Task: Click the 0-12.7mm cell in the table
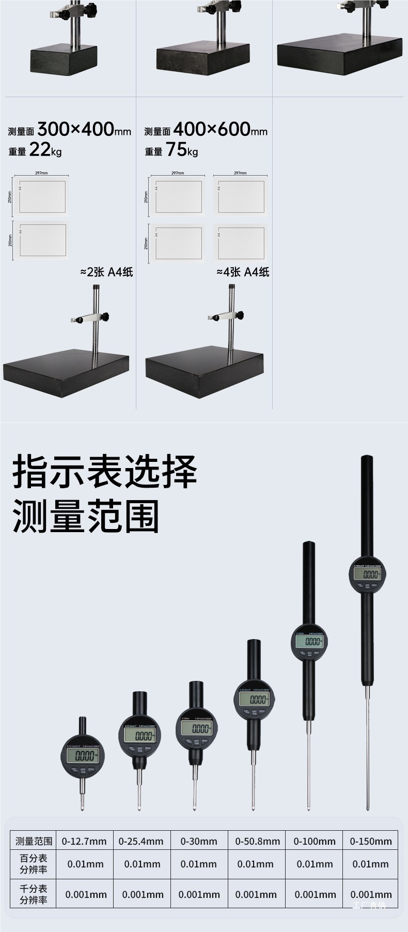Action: [84, 841]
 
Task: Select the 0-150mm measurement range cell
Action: [371, 841]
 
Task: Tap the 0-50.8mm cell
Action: [257, 841]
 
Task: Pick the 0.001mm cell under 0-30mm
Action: [199, 894]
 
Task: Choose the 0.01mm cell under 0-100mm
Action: [315, 864]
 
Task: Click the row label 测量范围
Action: [34, 841]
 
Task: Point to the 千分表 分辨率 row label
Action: [34, 894]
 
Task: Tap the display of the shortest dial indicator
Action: [85, 756]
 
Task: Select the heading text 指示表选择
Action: [105, 471]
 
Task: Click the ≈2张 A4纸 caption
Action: [106, 272]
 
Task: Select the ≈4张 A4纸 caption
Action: [243, 272]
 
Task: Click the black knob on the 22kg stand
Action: [106, 317]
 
